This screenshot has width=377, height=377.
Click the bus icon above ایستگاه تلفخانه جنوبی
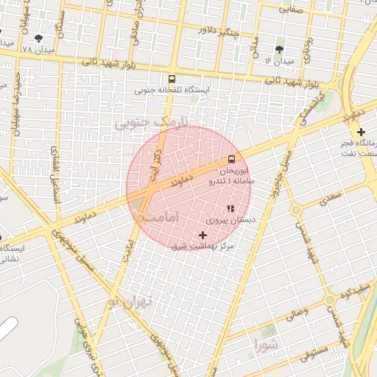[172, 79]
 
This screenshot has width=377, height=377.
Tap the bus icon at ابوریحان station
[232, 159]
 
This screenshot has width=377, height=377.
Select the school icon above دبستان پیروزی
[230, 209]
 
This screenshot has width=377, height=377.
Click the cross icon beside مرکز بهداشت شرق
[203, 235]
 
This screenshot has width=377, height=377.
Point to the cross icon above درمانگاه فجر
[360, 131]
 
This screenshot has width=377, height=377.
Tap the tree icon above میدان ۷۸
[38, 38]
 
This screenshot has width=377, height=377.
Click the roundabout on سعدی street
[296, 211]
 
